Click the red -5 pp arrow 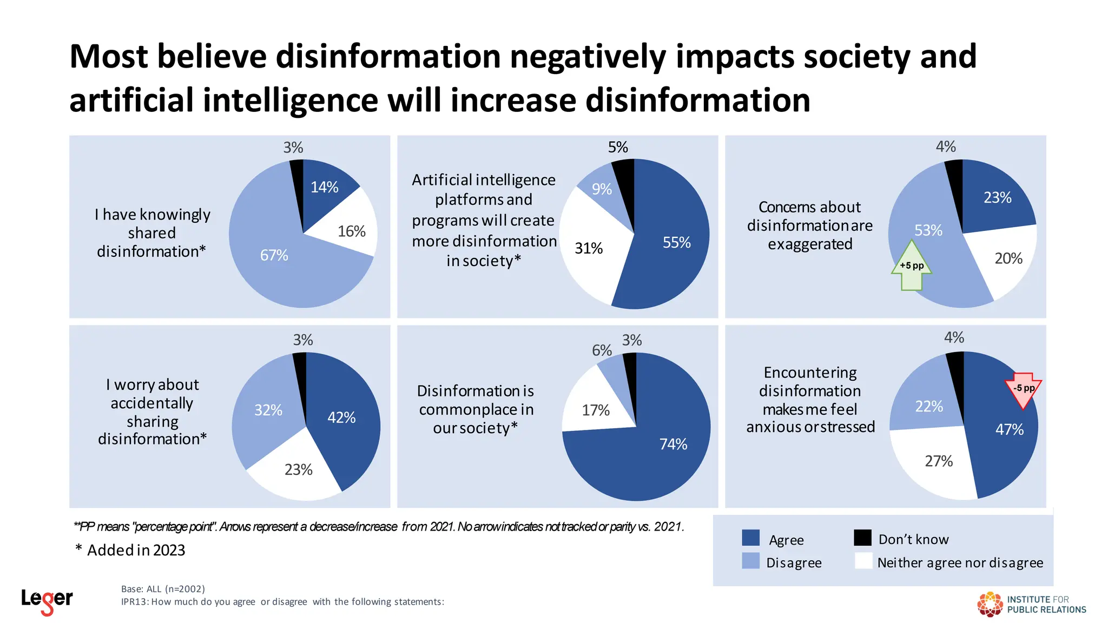[x=1023, y=389]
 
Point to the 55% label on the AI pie [x=676, y=242]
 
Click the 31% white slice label [x=588, y=248]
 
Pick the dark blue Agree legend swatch [x=750, y=538]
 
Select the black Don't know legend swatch [x=862, y=538]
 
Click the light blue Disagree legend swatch [x=750, y=561]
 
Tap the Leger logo [x=47, y=600]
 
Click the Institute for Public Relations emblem [x=990, y=604]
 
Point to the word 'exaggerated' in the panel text [x=810, y=244]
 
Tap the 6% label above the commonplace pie [x=602, y=350]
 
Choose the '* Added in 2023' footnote [x=130, y=550]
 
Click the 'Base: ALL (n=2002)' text [x=163, y=589]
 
